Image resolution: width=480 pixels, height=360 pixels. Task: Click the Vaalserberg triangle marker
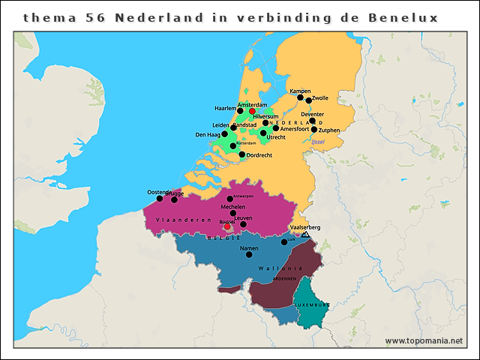pos(305,235)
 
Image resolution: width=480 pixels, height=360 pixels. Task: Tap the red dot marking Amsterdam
pos(252,111)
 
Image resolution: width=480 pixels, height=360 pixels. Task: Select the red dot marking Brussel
pos(227,227)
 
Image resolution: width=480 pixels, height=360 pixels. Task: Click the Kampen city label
pos(300,91)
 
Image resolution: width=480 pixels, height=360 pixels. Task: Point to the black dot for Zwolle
pos(308,100)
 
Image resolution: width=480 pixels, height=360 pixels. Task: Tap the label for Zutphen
pos(329,130)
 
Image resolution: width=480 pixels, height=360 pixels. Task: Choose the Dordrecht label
pos(259,155)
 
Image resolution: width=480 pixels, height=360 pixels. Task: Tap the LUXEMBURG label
pos(312,305)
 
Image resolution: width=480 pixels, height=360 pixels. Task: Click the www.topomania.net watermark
pos(424,341)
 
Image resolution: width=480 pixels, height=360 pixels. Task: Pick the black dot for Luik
pos(284,242)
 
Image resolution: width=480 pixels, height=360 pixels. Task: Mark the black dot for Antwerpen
pos(229,199)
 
